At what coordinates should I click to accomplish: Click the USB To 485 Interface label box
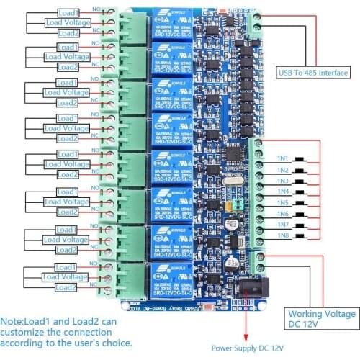pos(314,72)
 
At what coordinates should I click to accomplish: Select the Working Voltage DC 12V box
pos(321,320)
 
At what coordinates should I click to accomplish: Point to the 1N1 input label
pos(282,158)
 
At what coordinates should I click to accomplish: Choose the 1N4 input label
pos(282,192)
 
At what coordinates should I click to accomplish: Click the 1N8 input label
pos(282,235)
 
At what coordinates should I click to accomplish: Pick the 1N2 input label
pos(282,170)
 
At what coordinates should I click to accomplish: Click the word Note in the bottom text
pos(13,322)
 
